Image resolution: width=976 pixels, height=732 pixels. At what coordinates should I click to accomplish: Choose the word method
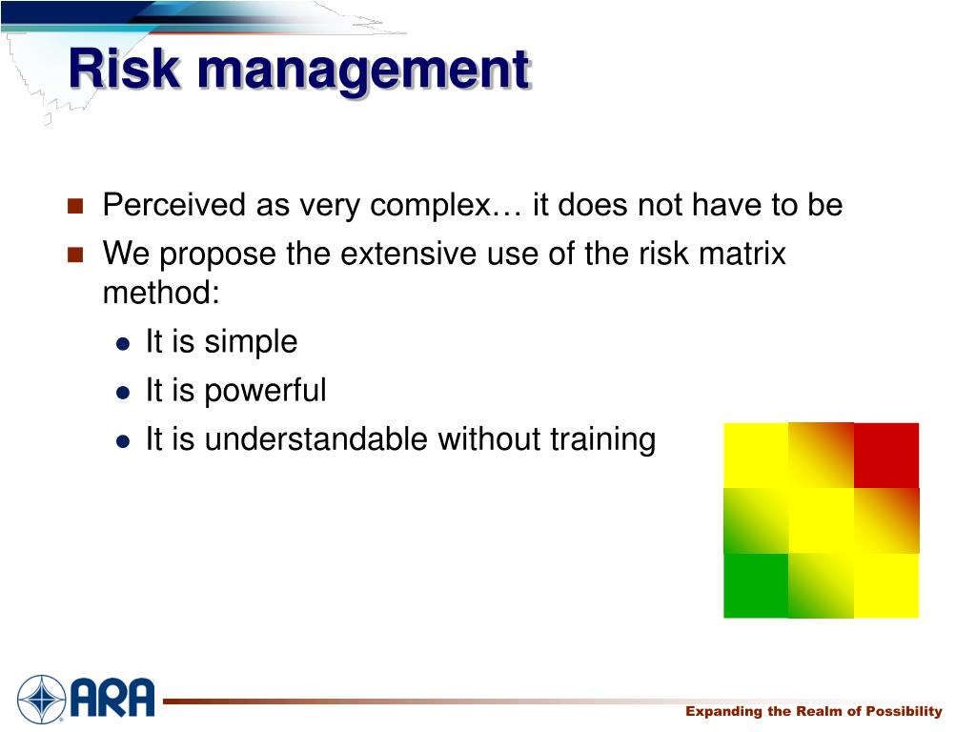pos(160,293)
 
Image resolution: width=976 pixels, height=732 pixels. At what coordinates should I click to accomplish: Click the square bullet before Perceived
pos(77,206)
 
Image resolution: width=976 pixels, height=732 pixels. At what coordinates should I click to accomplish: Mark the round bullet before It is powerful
pos(123,392)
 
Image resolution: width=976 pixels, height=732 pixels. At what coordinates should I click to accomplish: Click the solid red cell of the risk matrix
pos(886,455)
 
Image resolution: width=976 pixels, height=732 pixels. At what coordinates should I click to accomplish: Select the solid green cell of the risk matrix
pos(756,585)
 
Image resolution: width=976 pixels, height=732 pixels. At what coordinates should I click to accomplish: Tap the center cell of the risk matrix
pos(821,520)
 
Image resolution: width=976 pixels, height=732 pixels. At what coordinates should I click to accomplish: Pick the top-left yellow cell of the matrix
pos(756,455)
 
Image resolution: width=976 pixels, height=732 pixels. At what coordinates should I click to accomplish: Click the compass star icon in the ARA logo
pos(41,698)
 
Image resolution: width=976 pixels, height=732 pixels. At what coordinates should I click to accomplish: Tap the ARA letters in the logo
pos(111,697)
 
